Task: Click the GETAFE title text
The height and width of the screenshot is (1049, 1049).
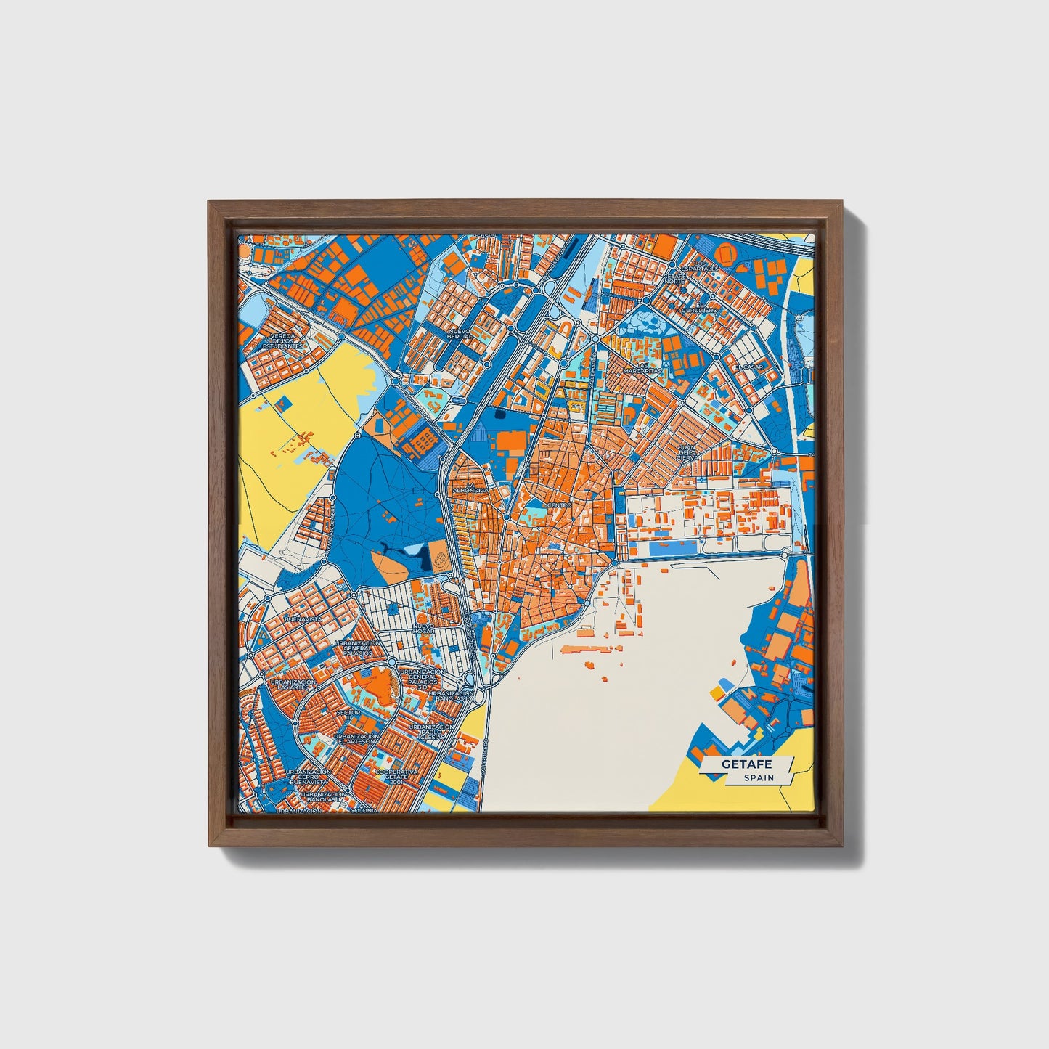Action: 746,764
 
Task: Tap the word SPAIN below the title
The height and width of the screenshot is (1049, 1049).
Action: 758,778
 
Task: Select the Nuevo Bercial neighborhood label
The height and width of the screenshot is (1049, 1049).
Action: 459,334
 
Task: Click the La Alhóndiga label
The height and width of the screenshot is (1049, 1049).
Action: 470,488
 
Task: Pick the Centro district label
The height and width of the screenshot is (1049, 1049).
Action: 560,504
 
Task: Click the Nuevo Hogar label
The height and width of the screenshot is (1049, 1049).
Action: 423,629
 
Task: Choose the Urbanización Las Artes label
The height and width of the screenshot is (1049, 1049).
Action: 293,685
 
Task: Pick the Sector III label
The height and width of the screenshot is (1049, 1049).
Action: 348,713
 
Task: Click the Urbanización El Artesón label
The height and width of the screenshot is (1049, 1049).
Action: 356,739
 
